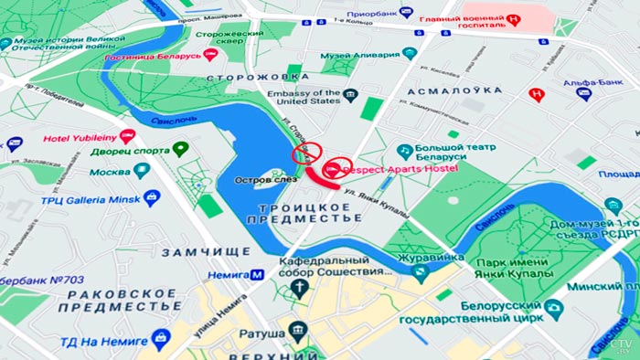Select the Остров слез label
click(x=262, y=180)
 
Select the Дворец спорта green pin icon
click(x=181, y=148)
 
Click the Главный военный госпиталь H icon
click(x=515, y=19)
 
